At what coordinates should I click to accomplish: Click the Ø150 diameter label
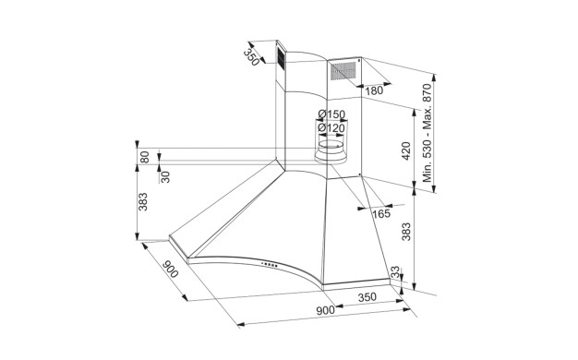point(331,114)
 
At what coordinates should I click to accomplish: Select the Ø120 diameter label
point(331,128)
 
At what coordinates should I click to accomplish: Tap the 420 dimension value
point(406,150)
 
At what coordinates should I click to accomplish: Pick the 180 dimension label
point(374,90)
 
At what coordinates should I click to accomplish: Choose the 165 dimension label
point(380,213)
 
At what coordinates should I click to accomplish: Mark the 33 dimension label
point(395,272)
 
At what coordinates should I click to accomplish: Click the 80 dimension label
point(144,157)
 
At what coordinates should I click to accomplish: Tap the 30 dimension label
point(165,177)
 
